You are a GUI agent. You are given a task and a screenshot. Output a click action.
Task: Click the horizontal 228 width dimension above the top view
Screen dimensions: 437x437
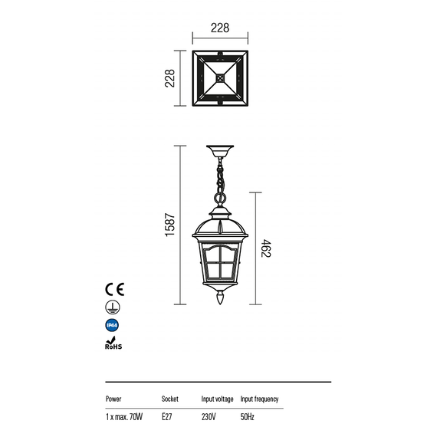pyautogui.click(x=220, y=28)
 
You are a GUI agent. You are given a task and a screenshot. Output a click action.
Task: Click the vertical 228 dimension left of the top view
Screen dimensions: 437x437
pyautogui.click(x=169, y=78)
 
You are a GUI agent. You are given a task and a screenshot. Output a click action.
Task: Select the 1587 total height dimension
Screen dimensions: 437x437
pyautogui.click(x=169, y=225)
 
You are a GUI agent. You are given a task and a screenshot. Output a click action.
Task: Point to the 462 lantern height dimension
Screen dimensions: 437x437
pyautogui.click(x=266, y=248)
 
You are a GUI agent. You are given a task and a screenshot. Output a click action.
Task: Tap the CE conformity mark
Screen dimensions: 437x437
pyautogui.click(x=114, y=289)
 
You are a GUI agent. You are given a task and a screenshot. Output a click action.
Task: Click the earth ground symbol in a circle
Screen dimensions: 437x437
pyautogui.click(x=113, y=307)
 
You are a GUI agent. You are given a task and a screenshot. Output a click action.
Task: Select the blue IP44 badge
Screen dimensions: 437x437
pyautogui.click(x=112, y=325)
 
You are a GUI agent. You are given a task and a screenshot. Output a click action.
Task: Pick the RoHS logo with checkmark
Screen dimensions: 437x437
pyautogui.click(x=113, y=343)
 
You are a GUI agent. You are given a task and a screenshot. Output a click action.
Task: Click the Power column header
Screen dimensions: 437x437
pyautogui.click(x=113, y=399)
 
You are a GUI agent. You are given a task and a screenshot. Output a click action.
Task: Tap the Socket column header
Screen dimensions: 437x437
pyautogui.click(x=169, y=399)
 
